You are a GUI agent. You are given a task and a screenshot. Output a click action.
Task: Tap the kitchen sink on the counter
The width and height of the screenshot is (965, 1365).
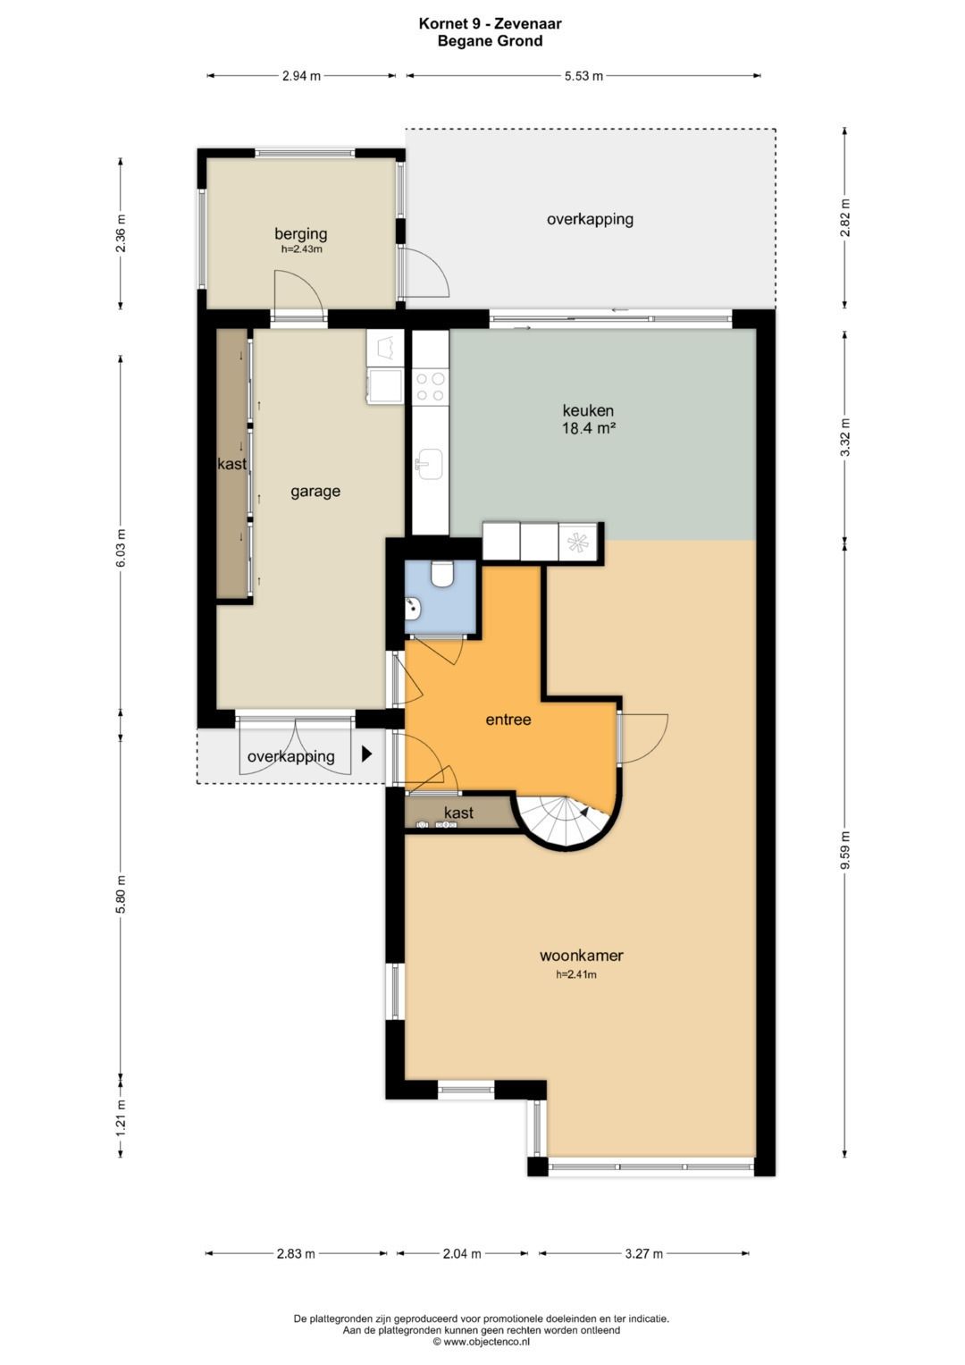pos(431,465)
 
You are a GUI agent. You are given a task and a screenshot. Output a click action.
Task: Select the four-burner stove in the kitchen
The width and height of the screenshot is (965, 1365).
pos(430,387)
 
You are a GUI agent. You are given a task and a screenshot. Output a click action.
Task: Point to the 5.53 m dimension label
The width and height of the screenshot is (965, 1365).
pos(583,76)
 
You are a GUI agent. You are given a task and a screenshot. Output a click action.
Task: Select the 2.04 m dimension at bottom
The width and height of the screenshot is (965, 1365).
pos(462,1253)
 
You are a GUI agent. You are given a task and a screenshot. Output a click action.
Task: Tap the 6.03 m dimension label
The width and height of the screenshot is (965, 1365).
pos(121,548)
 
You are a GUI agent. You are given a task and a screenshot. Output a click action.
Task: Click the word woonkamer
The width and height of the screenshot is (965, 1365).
pos(581,955)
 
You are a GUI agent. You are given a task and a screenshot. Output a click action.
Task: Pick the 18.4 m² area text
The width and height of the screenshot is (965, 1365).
pos(587,428)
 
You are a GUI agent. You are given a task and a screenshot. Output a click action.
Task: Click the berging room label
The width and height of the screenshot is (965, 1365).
pos(300,233)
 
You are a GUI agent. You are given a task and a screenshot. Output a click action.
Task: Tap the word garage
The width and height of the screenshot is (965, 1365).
pos(315,491)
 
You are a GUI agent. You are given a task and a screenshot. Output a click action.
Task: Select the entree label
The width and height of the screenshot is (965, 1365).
pos(508,719)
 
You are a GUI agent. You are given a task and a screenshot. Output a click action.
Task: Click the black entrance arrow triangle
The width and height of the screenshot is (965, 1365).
pos(366,754)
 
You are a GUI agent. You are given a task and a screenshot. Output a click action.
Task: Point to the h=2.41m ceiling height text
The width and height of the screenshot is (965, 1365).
pos(575,974)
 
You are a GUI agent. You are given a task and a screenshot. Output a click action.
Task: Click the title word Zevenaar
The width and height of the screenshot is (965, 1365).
pos(527,24)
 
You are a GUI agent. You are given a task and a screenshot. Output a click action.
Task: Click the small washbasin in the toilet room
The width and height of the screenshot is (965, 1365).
pos(413,608)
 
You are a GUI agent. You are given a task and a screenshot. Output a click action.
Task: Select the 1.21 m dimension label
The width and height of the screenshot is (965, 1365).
pos(121,1117)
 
